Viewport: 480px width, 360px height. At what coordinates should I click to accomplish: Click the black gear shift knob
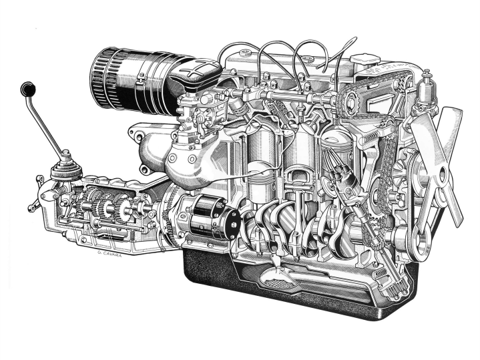(28, 89)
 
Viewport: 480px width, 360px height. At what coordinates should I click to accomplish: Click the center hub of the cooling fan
(442, 175)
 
